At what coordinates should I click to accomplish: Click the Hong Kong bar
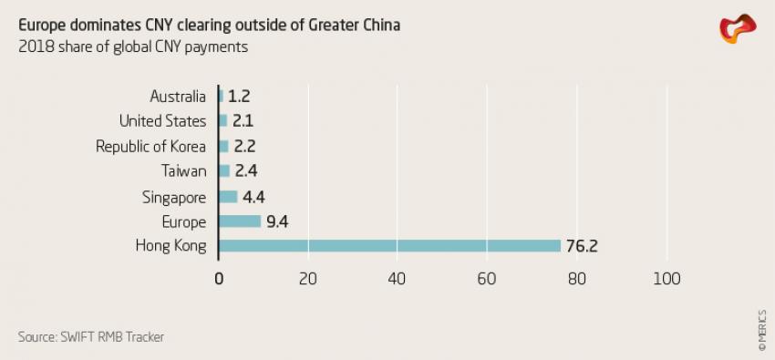tap(390, 246)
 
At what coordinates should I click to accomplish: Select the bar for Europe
tap(240, 221)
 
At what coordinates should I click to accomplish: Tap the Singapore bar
tap(228, 197)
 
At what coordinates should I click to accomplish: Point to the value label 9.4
tap(278, 221)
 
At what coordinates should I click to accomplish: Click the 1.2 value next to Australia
tap(239, 96)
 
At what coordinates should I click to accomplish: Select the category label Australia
tap(178, 96)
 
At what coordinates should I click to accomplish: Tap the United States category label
tap(163, 121)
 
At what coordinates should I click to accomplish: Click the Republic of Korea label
tap(151, 146)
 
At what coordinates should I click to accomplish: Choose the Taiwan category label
tap(185, 171)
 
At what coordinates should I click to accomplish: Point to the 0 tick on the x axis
tap(219, 279)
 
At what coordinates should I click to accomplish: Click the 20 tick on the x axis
tap(308, 279)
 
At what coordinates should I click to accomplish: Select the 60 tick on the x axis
tap(488, 279)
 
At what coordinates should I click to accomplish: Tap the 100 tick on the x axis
tap(667, 279)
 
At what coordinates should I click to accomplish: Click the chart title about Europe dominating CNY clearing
tap(209, 25)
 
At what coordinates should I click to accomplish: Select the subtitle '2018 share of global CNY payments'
tap(132, 46)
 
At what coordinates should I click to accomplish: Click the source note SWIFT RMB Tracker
tap(91, 337)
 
